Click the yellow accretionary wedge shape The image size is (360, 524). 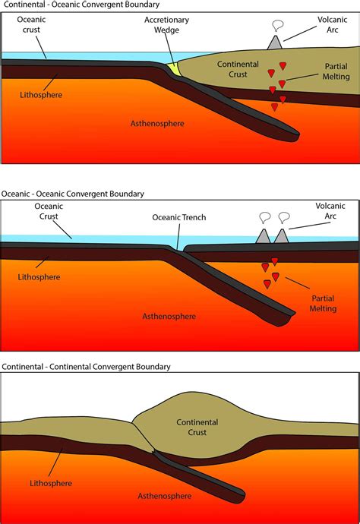176,69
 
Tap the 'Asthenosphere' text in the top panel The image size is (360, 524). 158,123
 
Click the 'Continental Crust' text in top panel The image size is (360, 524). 239,69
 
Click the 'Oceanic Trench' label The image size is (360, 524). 178,217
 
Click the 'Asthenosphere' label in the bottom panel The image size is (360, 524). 163,497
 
